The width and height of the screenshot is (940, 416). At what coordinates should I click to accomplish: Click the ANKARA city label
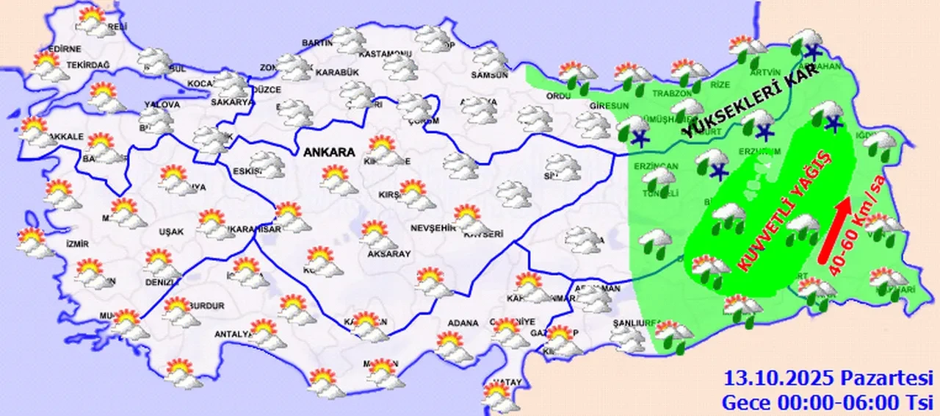coord(328,153)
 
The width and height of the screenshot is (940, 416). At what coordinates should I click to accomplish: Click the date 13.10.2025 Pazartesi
coord(828,379)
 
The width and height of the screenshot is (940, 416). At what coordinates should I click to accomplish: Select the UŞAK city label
coord(171,231)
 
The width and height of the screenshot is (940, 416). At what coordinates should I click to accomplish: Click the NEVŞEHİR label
coord(433,228)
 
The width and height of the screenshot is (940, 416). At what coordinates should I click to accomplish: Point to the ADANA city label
coord(460,323)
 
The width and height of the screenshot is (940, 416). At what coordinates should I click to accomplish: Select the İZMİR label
coord(76,244)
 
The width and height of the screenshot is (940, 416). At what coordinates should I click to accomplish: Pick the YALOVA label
coord(157,104)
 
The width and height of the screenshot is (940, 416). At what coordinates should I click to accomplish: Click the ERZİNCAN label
coord(648,166)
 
